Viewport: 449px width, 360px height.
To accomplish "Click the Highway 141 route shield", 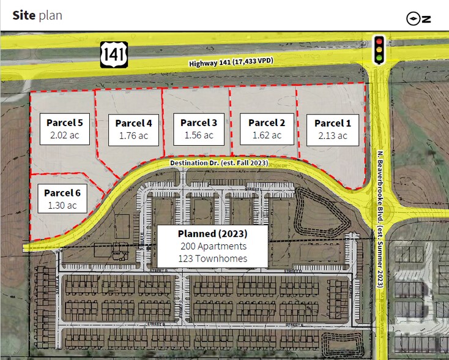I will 114,54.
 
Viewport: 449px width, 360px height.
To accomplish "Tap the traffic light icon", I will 379,50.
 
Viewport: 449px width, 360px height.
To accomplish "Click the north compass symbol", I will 419,18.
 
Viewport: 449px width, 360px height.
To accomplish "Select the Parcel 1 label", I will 333,124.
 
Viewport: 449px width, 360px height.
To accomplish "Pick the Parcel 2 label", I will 267,122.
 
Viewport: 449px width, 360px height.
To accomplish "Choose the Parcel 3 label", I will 199,122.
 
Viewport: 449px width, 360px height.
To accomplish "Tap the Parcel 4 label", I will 133,123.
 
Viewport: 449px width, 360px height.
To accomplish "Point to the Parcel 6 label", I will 62,193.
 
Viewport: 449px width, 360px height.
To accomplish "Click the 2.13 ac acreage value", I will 333,136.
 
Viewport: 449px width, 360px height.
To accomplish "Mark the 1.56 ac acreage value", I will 199,135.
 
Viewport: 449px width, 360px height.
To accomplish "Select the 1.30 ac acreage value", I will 62,205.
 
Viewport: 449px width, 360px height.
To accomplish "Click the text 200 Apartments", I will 213,246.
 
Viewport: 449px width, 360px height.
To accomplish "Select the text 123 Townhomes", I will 213,258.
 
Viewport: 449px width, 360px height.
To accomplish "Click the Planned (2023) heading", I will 212,234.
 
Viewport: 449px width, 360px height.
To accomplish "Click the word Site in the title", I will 23,15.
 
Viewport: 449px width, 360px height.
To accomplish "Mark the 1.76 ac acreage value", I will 133,135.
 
